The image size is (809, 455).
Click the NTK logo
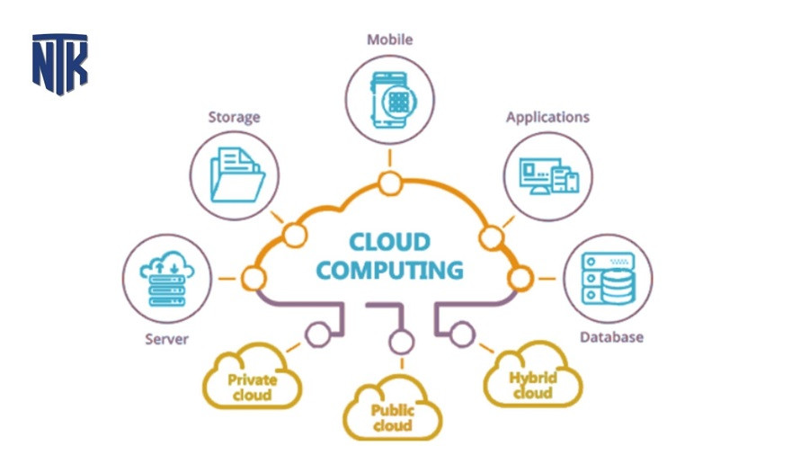pos(59,64)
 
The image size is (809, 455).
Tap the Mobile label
pos(388,40)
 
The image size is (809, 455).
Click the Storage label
pos(234,117)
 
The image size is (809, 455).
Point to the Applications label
pos(547,117)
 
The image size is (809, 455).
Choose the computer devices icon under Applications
pos(548,174)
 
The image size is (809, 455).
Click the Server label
pos(165,339)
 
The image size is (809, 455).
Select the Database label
pos(611,337)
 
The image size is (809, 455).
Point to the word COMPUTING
pos(390,270)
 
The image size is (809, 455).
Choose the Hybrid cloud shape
pos(532,378)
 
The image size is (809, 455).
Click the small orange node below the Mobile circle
pos(389,184)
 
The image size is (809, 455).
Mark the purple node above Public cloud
pos(401,342)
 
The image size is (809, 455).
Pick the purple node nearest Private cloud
pos(317,335)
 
